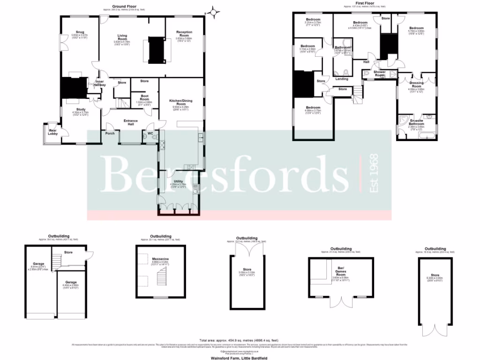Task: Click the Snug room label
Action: click(x=76, y=32)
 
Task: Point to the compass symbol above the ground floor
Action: click(x=214, y=12)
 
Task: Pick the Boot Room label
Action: click(x=144, y=97)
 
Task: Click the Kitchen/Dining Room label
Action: click(x=180, y=101)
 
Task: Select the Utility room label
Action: click(x=178, y=181)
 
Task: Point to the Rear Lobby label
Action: click(x=53, y=132)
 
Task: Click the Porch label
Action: click(x=110, y=134)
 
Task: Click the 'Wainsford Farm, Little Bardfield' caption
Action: click(x=240, y=356)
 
